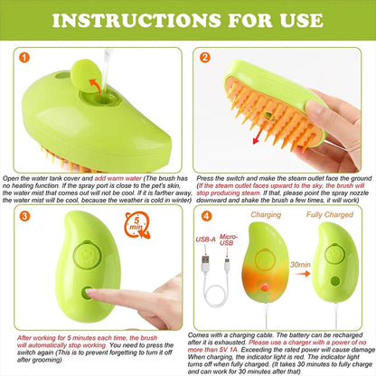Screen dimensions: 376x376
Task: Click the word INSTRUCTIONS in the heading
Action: tap(136, 20)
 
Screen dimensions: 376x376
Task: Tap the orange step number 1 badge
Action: tap(24, 57)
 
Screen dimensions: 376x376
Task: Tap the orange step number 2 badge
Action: tap(205, 57)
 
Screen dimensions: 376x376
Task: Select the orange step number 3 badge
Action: tap(24, 216)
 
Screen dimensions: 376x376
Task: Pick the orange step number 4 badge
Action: tap(206, 216)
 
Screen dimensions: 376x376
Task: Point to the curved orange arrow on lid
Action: tap(96, 87)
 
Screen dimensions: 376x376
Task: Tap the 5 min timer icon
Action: tap(137, 225)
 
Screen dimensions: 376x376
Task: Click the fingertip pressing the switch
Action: tap(90, 291)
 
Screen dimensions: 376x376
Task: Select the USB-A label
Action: tap(205, 240)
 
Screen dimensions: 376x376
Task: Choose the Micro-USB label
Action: tap(229, 240)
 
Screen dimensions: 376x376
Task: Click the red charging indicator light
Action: tap(264, 287)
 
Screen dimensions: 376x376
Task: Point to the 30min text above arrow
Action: tap(300, 265)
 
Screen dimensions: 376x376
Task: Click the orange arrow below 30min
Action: tap(303, 274)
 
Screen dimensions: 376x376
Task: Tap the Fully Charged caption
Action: tap(330, 214)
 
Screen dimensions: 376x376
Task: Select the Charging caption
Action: tap(266, 214)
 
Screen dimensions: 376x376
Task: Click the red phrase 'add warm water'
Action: tap(118, 178)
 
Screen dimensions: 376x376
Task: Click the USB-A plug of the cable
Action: tap(205, 263)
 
